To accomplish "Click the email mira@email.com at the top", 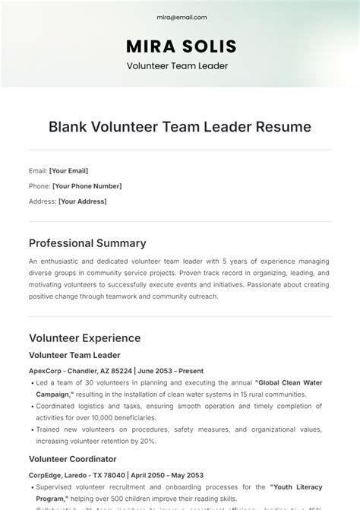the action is click(180, 17).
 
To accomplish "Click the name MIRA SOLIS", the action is click(180, 45).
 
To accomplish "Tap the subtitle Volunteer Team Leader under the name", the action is click(180, 65).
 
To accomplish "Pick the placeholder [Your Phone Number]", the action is click(86, 186).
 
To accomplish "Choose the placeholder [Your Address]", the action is click(83, 201).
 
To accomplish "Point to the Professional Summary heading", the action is click(87, 243).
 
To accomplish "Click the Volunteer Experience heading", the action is click(84, 337).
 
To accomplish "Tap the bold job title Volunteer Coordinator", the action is click(72, 459).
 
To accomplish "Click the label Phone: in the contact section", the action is click(39, 186).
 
